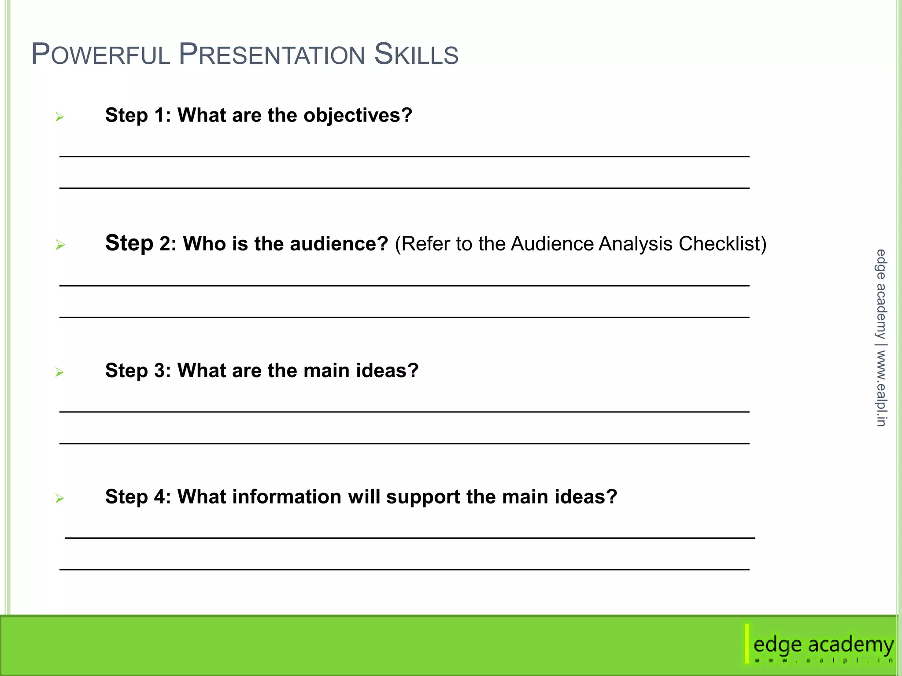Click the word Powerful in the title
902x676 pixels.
coord(101,55)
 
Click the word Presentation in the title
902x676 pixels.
coord(272,55)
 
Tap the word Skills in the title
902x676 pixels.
coord(416,55)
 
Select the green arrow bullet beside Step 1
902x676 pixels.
coord(59,117)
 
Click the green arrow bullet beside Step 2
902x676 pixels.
coord(60,245)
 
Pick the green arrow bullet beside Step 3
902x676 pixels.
coord(59,373)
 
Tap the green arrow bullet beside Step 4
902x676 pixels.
coord(59,499)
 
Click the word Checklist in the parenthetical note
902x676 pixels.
coord(722,244)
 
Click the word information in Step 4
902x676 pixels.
coord(287,497)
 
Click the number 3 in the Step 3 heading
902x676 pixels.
coord(159,371)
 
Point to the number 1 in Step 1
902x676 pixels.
coord(159,115)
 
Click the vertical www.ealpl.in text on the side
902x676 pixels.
coord(881,388)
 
